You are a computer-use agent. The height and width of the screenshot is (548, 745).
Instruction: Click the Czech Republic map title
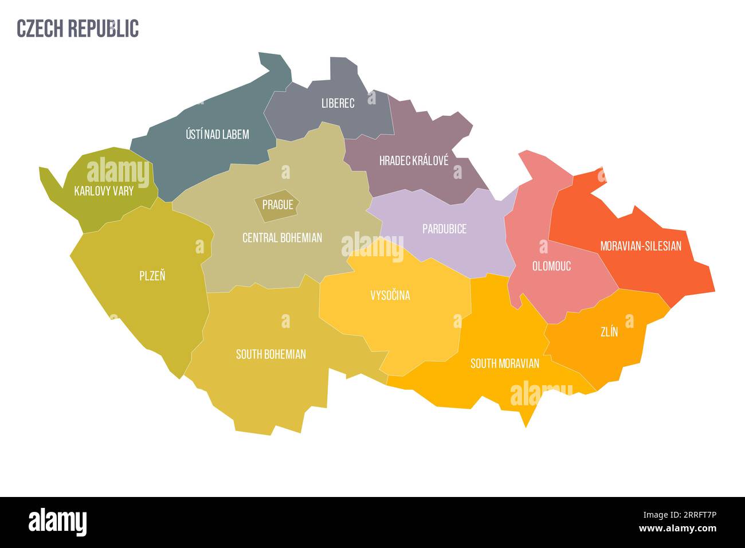point(78,28)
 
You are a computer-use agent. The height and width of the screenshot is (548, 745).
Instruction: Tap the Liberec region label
point(338,103)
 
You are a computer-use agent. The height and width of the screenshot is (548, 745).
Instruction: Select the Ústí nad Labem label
point(217,134)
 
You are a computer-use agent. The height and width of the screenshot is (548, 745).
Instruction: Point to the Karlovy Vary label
point(104,191)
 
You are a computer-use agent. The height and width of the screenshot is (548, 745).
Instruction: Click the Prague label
point(277,205)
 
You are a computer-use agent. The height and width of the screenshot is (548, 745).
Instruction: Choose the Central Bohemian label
point(282,237)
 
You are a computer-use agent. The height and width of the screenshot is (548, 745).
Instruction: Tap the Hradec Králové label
point(414,161)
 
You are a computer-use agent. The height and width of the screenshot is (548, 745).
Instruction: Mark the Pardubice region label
point(444,229)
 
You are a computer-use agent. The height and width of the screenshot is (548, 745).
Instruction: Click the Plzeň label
point(152,276)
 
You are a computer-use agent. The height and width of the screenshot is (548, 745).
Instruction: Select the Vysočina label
point(390,296)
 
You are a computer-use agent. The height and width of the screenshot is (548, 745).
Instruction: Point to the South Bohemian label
point(270,354)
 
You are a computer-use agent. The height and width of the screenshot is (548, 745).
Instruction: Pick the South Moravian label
point(504,363)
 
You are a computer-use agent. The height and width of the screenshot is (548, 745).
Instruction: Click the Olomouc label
point(551,266)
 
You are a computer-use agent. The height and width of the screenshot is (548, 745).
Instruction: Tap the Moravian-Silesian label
point(641,246)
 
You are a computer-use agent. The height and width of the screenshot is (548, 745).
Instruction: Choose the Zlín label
point(609,331)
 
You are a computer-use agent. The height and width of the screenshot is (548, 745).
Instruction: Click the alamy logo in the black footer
point(58,522)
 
